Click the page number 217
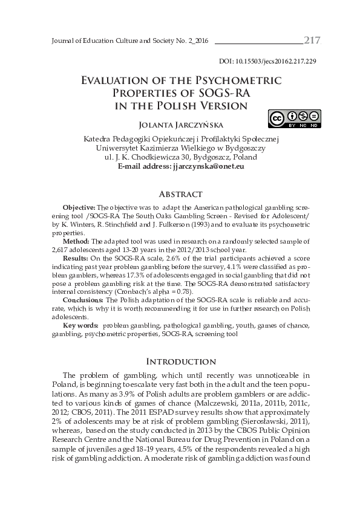(312, 41)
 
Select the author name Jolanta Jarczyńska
(180, 126)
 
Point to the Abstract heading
(180, 195)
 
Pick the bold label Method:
(76, 241)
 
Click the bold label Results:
(76, 258)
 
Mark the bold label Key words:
(80, 325)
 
